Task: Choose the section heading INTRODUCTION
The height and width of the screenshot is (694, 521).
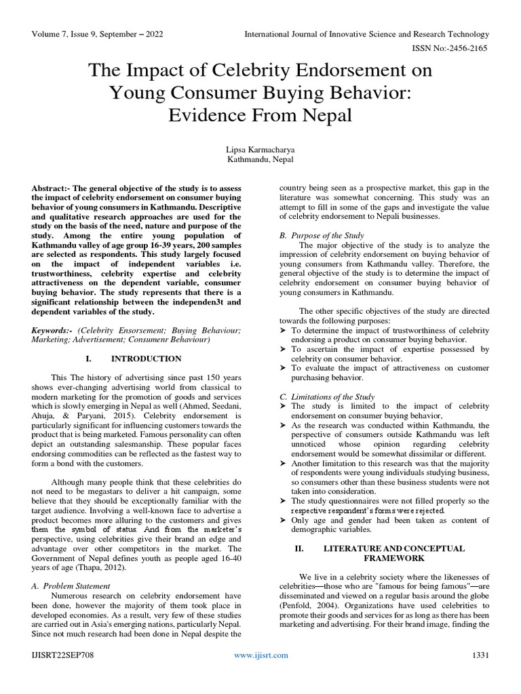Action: pos(146,359)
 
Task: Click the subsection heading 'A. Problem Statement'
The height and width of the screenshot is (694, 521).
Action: pos(71,585)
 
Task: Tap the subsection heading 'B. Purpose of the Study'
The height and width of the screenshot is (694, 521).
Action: pos(322,235)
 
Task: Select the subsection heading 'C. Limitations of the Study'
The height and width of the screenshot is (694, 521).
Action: pos(328,396)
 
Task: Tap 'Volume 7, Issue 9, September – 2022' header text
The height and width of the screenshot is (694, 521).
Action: pos(97,34)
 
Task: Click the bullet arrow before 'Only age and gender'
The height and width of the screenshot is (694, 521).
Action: pos(284,520)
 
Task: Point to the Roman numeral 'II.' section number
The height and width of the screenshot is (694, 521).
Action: pos(298,548)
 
